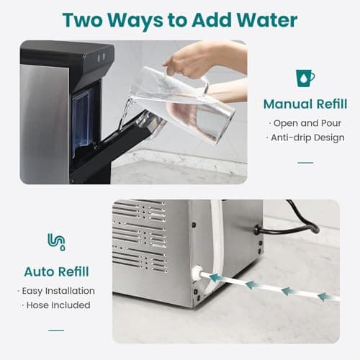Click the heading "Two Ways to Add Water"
pos(179,19)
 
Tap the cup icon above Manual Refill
pos(305,78)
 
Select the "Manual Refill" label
pos(305,104)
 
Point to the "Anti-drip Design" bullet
pos(307,138)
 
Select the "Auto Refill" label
pos(56,271)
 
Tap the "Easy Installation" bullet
pos(56,291)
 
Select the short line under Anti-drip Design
pos(305,162)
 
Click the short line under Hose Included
pos(56,330)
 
